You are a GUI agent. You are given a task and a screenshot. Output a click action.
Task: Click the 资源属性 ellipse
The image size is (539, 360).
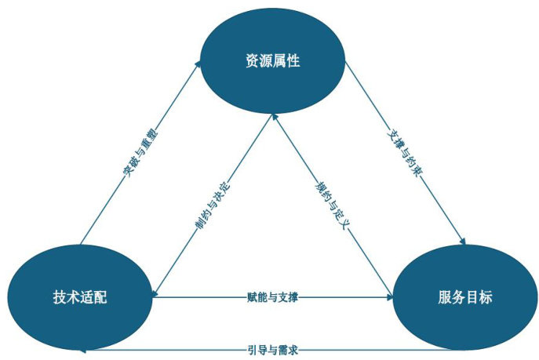click(272, 60)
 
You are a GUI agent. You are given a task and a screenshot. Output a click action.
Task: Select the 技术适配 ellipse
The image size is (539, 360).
click(80, 297)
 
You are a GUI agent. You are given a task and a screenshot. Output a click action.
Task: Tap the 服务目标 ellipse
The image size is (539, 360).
click(465, 297)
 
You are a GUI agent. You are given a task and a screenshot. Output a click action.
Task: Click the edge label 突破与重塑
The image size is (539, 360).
click(140, 152)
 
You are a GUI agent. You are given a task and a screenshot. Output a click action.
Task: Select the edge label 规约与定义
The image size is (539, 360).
click(333, 205)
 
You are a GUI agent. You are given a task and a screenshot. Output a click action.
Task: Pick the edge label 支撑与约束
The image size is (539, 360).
click(405, 152)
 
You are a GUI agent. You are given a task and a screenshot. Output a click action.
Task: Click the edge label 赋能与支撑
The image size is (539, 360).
click(272, 296)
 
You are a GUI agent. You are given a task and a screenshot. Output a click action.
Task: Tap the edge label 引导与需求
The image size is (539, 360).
click(272, 350)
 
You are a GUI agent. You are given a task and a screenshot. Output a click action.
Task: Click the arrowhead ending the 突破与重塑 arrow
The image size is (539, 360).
click(198, 64)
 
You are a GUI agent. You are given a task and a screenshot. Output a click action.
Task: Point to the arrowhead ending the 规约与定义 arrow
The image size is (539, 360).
click(275, 117)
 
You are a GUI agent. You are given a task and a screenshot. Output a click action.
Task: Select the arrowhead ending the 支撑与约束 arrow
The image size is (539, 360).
click(463, 242)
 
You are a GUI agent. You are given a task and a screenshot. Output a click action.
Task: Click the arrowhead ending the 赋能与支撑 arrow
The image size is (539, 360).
click(390, 297)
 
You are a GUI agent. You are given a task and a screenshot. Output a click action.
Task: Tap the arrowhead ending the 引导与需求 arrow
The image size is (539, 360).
click(82, 351)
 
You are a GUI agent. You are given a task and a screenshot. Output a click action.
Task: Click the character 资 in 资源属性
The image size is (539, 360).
click(252, 60)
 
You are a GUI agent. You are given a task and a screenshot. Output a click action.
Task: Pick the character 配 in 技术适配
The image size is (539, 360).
click(100, 297)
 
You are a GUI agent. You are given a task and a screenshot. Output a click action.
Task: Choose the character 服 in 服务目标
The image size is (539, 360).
click(445, 297)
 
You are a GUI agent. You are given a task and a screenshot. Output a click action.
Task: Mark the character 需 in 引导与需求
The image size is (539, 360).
click(282, 350)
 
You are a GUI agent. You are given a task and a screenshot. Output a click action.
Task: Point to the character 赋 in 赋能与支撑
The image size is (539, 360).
click(252, 296)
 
